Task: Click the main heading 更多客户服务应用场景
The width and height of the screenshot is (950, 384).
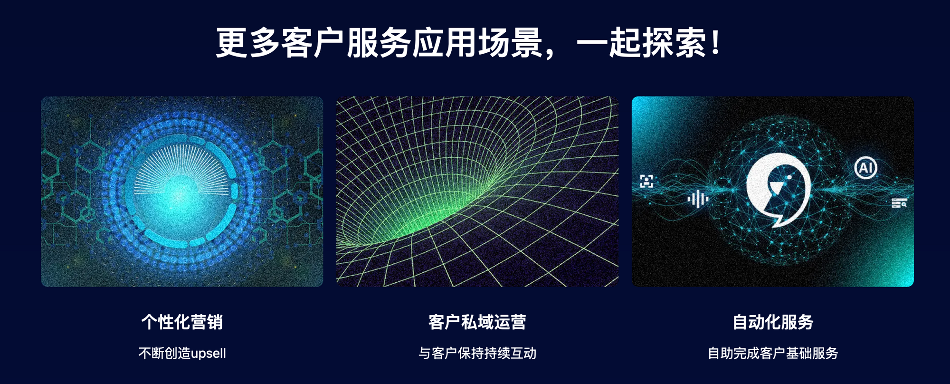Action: pos(379,43)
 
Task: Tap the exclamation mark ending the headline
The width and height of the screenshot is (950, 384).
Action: pos(716,42)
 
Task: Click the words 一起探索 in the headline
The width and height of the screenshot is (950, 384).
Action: pos(642,43)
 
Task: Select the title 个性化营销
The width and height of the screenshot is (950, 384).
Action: pos(182,322)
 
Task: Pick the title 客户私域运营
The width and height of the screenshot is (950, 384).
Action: pos(477,322)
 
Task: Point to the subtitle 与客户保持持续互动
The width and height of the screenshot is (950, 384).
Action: pos(477,353)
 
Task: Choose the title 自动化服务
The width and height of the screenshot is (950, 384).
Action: pos(773,322)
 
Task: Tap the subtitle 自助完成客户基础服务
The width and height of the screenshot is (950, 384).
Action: pos(773,353)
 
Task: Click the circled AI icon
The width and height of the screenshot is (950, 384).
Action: pos(865,168)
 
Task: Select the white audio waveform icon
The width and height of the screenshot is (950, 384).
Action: pos(698,199)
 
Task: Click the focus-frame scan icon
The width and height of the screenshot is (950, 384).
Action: pos(646,181)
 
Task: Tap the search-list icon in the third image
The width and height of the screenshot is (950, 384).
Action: pos(899,203)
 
